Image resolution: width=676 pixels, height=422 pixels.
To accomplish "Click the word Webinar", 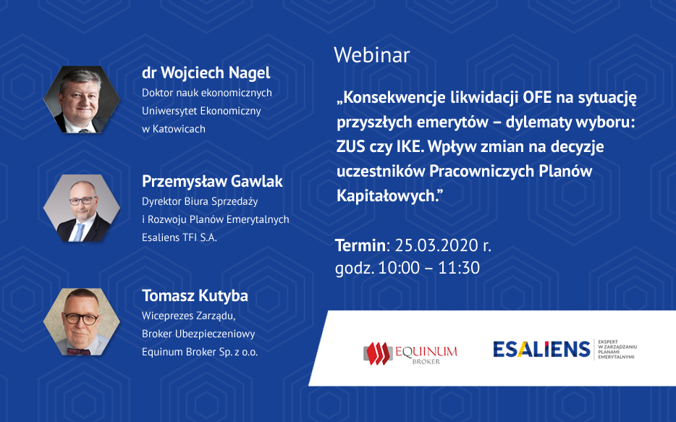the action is (371, 55).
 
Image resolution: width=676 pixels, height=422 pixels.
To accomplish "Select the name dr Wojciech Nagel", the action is (206, 73).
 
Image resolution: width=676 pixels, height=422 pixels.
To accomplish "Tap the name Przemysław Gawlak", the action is (212, 182).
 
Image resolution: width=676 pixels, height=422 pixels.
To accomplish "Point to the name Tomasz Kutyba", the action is (195, 296).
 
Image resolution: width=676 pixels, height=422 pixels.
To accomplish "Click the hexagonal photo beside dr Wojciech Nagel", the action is (82, 100).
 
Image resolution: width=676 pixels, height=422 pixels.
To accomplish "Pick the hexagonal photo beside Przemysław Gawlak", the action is (82, 208).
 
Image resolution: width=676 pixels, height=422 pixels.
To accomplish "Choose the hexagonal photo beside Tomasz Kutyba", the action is (82, 322).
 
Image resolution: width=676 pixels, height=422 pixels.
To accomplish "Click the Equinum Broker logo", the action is (410, 353).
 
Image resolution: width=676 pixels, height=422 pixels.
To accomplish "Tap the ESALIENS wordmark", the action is (541, 349).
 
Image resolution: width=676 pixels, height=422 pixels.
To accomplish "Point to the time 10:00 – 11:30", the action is (429, 268).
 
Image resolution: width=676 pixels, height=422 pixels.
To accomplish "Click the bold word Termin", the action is (360, 245).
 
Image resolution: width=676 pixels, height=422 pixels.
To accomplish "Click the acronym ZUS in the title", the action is (350, 147).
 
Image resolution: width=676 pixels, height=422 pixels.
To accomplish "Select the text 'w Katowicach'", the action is (174, 129).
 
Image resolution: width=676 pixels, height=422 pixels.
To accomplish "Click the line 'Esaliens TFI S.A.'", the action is (179, 237).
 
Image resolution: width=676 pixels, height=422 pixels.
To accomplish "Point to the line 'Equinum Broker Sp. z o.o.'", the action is (200, 352).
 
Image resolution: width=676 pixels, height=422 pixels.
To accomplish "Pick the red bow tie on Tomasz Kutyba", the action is (78, 351).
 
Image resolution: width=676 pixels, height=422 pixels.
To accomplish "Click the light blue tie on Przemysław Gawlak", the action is (79, 232).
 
